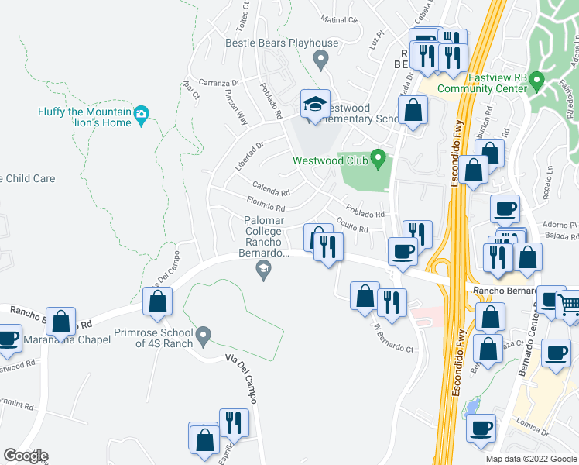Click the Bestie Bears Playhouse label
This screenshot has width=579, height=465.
pos(282,43)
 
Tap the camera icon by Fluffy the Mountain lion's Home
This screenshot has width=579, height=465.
pos(141,115)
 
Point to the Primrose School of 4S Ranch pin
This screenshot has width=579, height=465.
pos(204,336)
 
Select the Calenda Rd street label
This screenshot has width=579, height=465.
pos(271,189)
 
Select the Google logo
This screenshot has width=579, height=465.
pos(26,455)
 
